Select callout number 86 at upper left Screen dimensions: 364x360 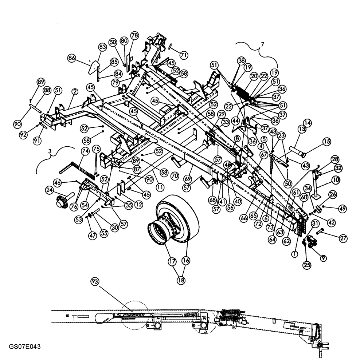(72, 58)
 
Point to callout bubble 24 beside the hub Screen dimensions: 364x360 (50, 190)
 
